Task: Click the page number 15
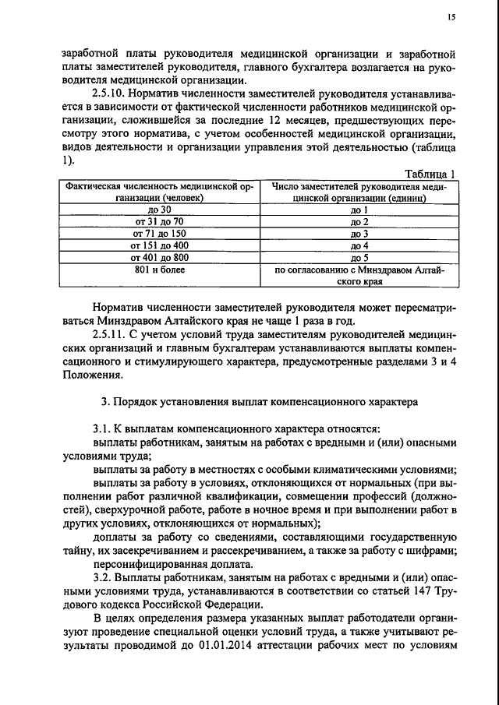(x=451, y=17)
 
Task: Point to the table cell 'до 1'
(x=359, y=210)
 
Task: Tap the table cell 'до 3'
(x=359, y=233)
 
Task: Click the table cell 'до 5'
(x=359, y=256)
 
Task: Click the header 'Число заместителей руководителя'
(x=359, y=192)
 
